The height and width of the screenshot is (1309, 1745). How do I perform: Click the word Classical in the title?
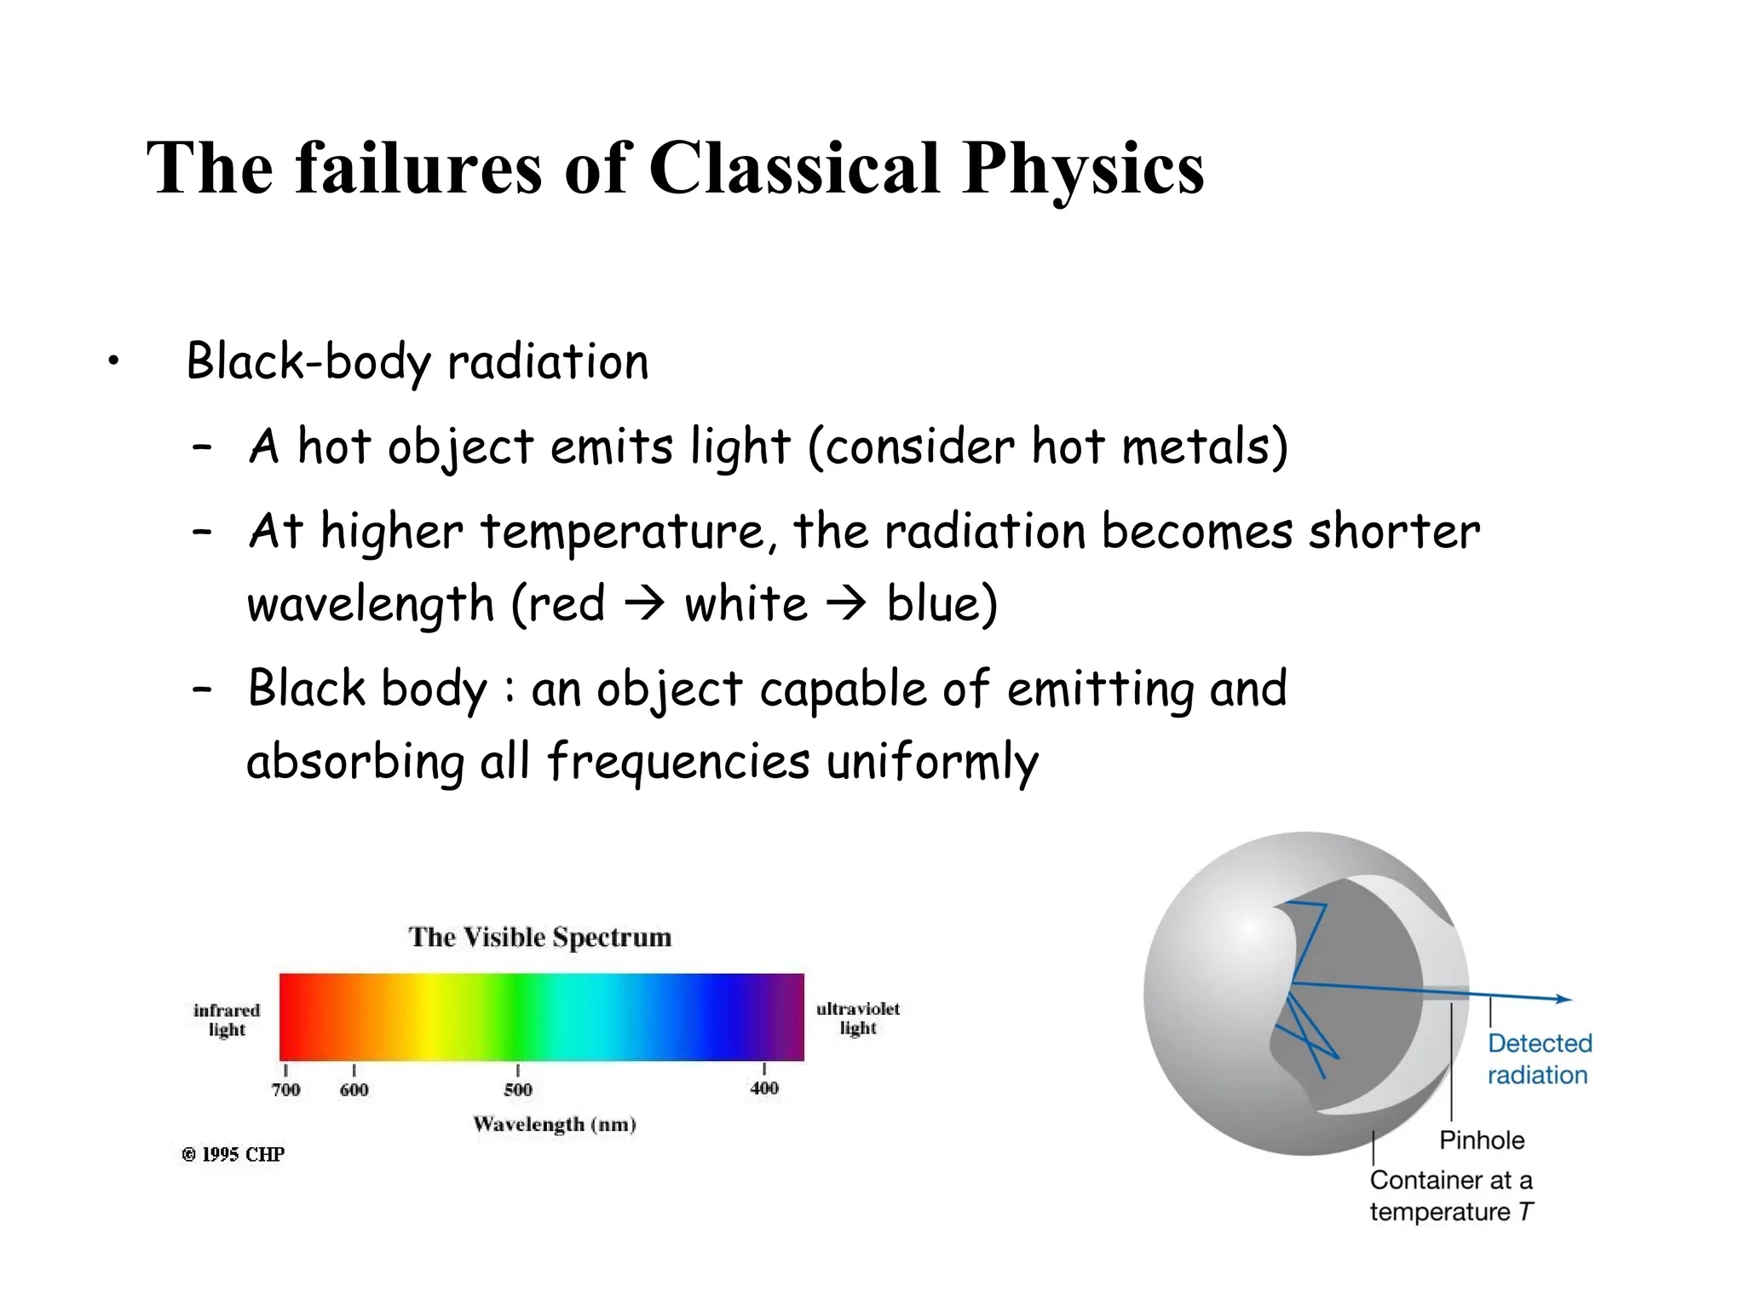pyautogui.click(x=794, y=168)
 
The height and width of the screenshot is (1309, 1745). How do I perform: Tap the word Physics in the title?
pyautogui.click(x=1084, y=170)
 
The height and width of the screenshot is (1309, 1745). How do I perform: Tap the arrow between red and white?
pyautogui.click(x=644, y=604)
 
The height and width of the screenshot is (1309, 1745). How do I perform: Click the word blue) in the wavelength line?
pyautogui.click(x=942, y=604)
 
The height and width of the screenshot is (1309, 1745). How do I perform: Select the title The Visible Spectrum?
pyautogui.click(x=540, y=937)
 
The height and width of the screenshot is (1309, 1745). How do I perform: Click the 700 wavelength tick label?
pyautogui.click(x=286, y=1089)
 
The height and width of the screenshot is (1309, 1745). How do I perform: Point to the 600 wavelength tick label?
pyautogui.click(x=354, y=1089)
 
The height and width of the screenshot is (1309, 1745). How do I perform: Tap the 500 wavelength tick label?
pyautogui.click(x=518, y=1089)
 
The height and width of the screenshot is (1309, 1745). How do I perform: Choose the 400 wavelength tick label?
pyautogui.click(x=764, y=1088)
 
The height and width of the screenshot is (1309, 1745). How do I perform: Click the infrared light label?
pyautogui.click(x=227, y=1020)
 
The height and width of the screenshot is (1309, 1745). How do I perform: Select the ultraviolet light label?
pyautogui.click(x=857, y=1018)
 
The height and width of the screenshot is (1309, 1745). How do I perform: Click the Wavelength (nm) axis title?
pyautogui.click(x=555, y=1124)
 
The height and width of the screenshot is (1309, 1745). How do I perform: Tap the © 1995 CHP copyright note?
pyautogui.click(x=233, y=1155)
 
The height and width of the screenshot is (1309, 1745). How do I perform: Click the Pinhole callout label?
pyautogui.click(x=1482, y=1140)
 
